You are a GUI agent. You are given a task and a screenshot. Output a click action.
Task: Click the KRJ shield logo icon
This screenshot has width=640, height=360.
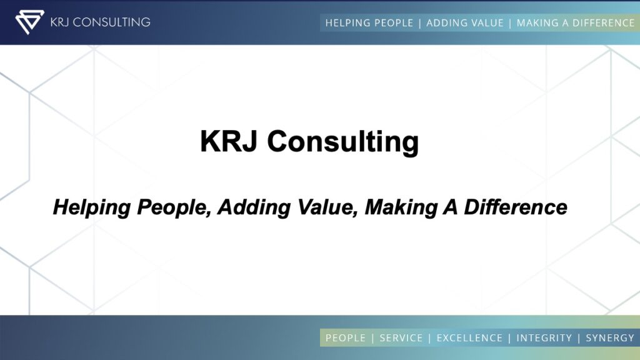coord(29,22)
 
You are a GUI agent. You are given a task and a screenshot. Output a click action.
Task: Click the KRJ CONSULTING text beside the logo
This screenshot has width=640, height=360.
coord(101,22)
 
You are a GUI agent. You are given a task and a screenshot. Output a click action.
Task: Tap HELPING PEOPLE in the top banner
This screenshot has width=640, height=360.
coord(369,23)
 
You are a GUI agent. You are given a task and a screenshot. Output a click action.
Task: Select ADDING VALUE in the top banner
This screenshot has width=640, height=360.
coord(465,23)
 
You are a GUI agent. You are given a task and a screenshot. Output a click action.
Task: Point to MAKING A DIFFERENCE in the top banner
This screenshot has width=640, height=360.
coord(576,23)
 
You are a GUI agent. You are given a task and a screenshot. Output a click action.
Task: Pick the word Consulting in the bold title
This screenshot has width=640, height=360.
coord(343,142)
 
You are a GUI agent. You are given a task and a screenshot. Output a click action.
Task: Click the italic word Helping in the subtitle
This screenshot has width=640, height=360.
coord(92,207)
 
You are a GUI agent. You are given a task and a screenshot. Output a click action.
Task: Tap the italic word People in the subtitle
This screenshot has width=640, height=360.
coord(174,207)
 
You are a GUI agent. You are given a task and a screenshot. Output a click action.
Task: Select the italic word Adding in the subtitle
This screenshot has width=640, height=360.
coord(254,207)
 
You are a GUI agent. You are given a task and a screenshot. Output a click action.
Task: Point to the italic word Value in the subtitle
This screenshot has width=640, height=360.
coord(327,207)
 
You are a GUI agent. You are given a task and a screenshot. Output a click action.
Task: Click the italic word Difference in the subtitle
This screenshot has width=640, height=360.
coord(516,207)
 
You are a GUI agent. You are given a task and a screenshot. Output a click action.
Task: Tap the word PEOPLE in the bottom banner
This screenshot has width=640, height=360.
coord(345,338)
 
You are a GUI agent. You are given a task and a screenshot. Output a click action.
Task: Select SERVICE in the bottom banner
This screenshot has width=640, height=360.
coord(401,338)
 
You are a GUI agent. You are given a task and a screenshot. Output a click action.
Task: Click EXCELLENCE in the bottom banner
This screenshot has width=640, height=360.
coord(469,338)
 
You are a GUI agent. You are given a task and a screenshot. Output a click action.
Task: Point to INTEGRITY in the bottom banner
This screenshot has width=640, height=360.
coord(544,338)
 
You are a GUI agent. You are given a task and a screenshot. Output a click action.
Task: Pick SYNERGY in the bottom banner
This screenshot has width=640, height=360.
coord(610,338)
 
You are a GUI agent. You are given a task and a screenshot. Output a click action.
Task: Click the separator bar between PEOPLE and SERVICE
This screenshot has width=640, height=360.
coord(372,338)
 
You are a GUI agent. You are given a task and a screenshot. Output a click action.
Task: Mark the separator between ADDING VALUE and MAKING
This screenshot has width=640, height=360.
coord(510,23)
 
